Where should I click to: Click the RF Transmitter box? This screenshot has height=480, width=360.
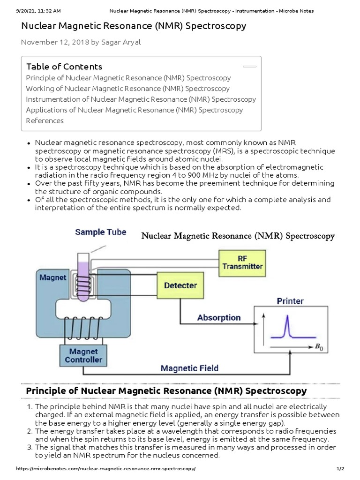[x=242, y=262]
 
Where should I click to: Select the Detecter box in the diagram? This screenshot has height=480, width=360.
[x=180, y=285]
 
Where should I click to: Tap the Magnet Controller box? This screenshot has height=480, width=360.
[x=83, y=355]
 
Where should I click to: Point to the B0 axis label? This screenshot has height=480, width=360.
[x=319, y=347]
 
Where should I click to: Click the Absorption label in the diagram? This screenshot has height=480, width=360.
[x=219, y=318]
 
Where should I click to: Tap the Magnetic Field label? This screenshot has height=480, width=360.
[x=189, y=368]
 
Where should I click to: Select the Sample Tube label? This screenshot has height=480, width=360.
[x=100, y=232]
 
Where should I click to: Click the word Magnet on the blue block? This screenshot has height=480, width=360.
[x=52, y=277]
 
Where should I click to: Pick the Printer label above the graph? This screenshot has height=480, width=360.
[x=290, y=301]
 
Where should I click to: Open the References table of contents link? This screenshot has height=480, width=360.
[x=45, y=120]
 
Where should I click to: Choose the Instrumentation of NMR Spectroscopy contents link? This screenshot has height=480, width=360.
[x=141, y=99]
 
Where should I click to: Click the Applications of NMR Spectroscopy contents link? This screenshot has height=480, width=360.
[x=134, y=110]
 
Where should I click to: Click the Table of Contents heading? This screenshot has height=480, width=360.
[x=64, y=67]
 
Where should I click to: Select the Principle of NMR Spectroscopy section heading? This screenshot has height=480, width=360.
[x=166, y=390]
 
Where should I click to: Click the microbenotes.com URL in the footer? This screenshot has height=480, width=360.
[x=99, y=469]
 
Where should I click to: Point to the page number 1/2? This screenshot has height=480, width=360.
[x=340, y=469]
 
